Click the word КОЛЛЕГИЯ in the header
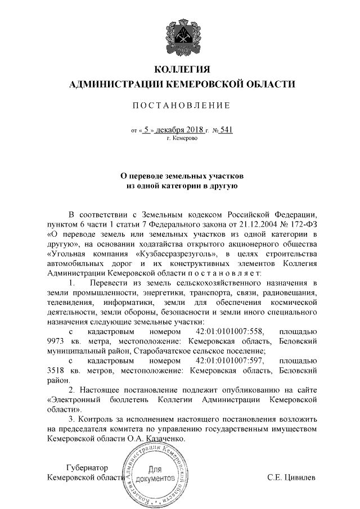(182, 70)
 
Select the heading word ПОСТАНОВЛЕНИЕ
(181, 106)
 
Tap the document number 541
(226, 130)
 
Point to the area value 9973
(57, 340)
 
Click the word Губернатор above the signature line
(87, 467)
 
